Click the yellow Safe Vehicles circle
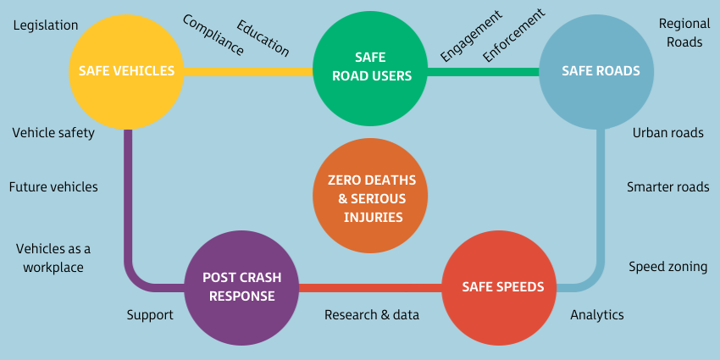pyautogui.click(x=126, y=71)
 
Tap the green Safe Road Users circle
pyautogui.click(x=370, y=69)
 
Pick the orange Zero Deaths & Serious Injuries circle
pyautogui.click(x=370, y=197)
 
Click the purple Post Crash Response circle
pyautogui.click(x=241, y=287)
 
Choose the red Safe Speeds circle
pyautogui.click(x=501, y=287)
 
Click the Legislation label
pyautogui.click(x=46, y=25)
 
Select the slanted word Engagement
pyautogui.click(x=471, y=37)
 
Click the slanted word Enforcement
pyautogui.click(x=513, y=36)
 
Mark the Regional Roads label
pyautogui.click(x=684, y=32)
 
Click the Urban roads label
pyautogui.click(x=667, y=133)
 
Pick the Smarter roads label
pyautogui.click(x=667, y=187)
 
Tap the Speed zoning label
pyautogui.click(x=667, y=267)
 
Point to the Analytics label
pyautogui.click(x=596, y=315)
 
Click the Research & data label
pyautogui.click(x=372, y=315)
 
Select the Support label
pyautogui.click(x=150, y=315)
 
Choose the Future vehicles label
pyautogui.click(x=53, y=186)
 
